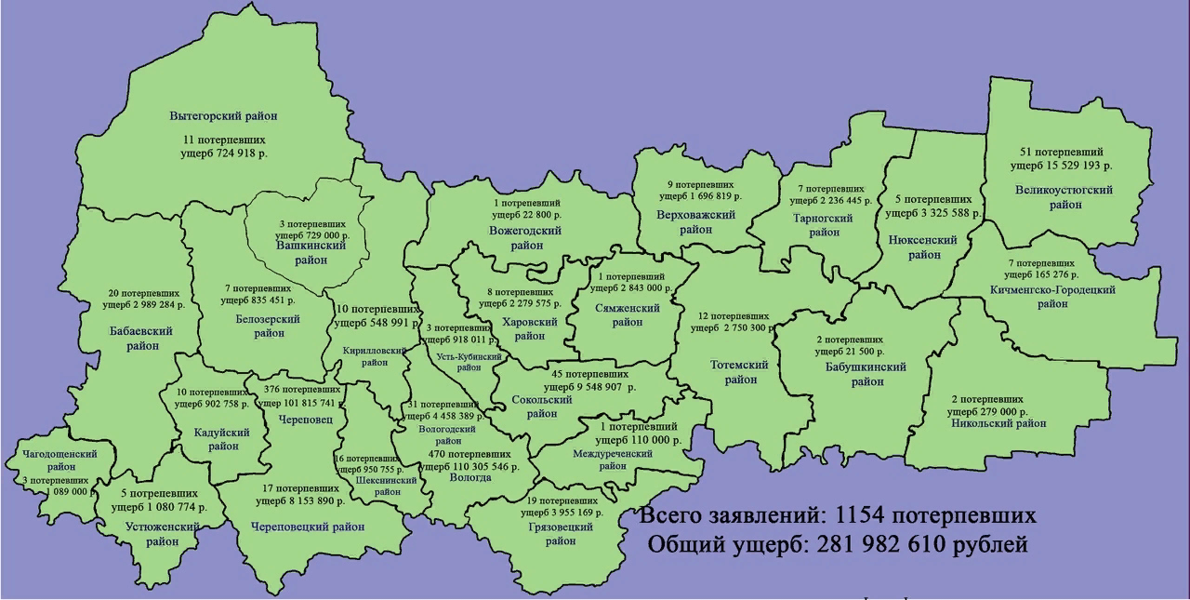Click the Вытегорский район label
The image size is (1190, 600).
(224, 116)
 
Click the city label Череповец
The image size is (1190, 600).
(298, 419)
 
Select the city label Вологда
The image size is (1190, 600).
(469, 477)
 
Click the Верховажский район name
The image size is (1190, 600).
(695, 222)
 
